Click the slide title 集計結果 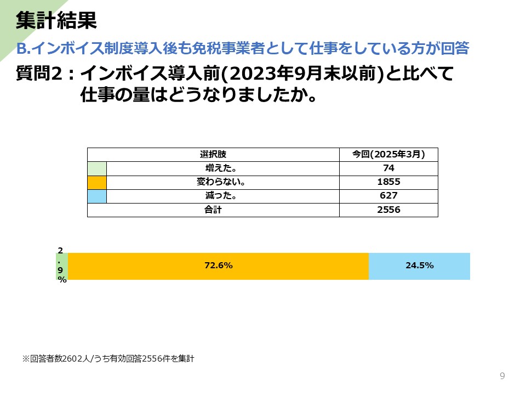tap(56, 21)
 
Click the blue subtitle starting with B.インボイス tap(243, 48)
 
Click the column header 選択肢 tap(213, 154)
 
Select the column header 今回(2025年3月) tap(388, 154)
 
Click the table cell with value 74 tap(388, 168)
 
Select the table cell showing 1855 tap(388, 182)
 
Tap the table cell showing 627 tap(388, 196)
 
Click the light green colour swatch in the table tap(97, 168)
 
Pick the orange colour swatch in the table tap(97, 182)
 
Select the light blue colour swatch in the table tap(97, 196)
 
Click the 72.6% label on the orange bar tap(219, 266)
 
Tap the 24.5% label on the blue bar tap(420, 266)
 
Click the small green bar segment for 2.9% tap(62, 266)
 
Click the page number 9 tap(502, 376)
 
